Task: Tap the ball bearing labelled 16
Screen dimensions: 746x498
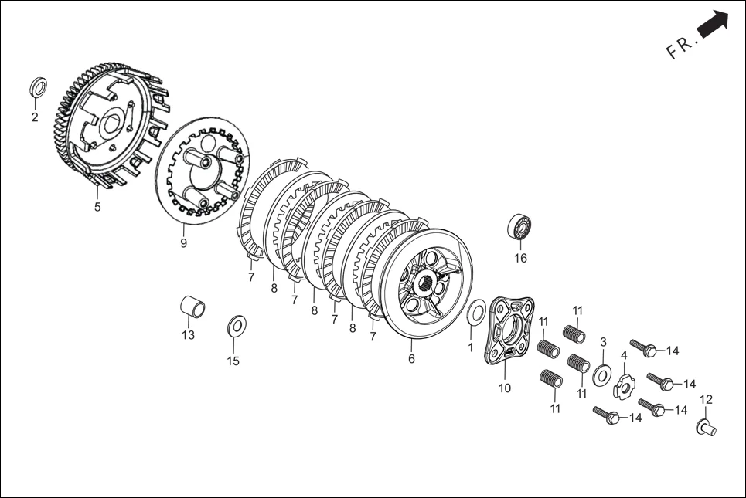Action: (x=519, y=228)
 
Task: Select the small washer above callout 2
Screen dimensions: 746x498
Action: (x=38, y=86)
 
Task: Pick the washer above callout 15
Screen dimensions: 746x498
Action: (x=237, y=326)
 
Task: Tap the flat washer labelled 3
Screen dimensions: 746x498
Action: (x=601, y=373)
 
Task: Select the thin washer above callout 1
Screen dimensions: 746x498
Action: (x=475, y=312)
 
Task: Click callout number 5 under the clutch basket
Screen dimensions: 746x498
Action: (x=97, y=207)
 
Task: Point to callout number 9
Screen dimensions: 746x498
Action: (x=183, y=243)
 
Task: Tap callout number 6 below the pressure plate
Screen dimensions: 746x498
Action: (x=411, y=359)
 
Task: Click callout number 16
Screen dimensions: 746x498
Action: (x=520, y=258)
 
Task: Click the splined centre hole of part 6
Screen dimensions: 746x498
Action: (x=425, y=283)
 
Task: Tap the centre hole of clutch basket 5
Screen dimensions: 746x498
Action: (x=111, y=123)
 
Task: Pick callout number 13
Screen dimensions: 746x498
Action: (x=188, y=335)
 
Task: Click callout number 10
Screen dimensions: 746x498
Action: (x=504, y=388)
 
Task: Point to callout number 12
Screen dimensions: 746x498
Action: (x=707, y=400)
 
